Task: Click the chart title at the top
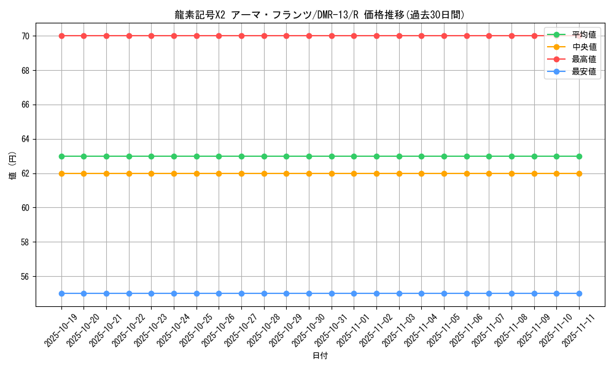point(320,15)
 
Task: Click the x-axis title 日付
point(320,356)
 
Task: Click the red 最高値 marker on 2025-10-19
point(61,36)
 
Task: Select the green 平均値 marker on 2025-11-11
point(579,156)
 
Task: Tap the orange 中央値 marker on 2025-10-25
point(196,173)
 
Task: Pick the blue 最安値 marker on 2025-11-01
point(354,293)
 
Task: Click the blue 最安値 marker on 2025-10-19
point(61,293)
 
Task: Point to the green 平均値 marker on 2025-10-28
point(264,156)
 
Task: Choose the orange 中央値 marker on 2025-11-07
point(489,173)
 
